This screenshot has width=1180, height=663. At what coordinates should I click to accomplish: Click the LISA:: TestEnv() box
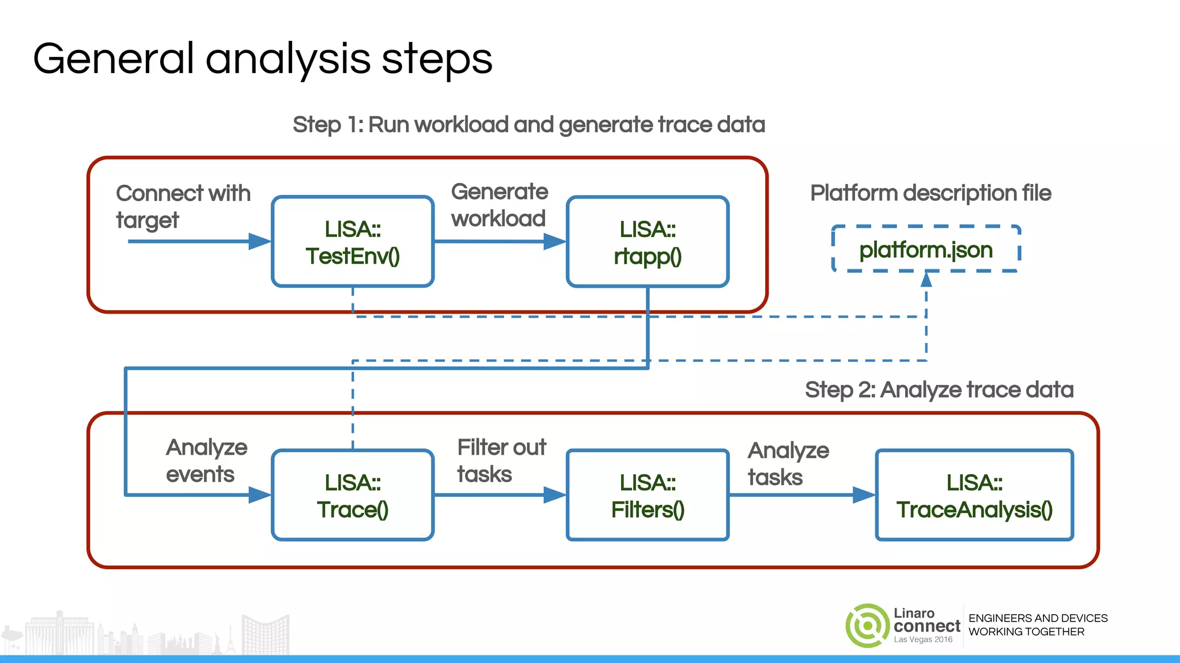click(x=353, y=242)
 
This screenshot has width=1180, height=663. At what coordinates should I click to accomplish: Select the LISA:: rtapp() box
click(x=648, y=242)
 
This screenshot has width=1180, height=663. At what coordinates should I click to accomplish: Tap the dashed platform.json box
click(x=926, y=249)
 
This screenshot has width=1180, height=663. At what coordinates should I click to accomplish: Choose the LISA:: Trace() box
click(x=353, y=495)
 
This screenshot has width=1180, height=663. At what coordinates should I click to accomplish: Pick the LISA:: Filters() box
click(x=648, y=495)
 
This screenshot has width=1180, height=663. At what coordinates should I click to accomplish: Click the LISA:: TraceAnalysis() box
click(x=974, y=495)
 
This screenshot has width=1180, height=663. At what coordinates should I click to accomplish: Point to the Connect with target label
click(x=183, y=207)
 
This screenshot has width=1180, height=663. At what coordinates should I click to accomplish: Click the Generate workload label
click(x=499, y=205)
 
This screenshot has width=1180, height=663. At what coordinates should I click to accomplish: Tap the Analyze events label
click(x=206, y=460)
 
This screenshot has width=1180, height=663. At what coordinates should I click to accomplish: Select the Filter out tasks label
click(x=501, y=460)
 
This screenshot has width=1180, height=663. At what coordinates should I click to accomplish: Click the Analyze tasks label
click(x=788, y=463)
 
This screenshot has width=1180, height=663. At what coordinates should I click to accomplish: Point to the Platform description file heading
click(x=931, y=193)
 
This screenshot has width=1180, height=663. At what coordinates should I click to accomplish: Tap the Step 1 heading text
click(x=528, y=125)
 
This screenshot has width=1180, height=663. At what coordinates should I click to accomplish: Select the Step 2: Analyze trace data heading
click(x=939, y=390)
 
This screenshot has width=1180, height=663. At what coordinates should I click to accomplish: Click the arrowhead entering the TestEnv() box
click(x=259, y=241)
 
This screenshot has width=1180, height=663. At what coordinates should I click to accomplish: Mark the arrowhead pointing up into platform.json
click(x=926, y=280)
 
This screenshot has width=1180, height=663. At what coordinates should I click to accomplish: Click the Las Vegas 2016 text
click(x=923, y=639)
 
